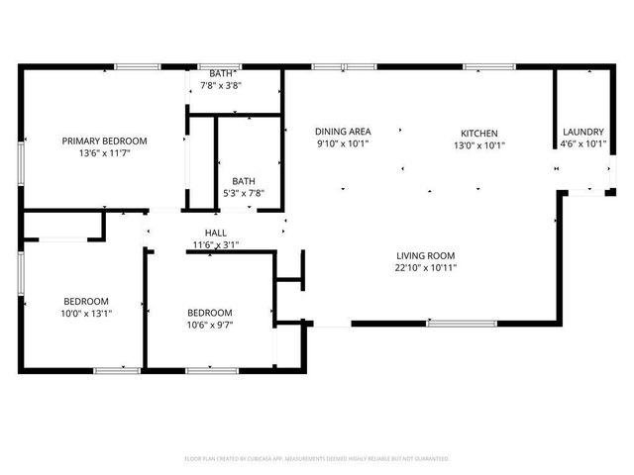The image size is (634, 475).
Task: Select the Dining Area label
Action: (343, 132)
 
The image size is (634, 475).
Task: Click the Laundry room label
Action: (583, 132)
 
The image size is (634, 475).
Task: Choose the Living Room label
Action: (427, 254)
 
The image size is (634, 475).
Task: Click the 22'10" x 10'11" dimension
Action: (427, 267)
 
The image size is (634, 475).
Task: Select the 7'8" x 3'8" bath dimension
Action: (222, 86)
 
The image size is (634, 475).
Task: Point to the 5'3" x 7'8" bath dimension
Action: (243, 194)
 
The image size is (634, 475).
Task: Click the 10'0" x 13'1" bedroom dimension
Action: (86, 314)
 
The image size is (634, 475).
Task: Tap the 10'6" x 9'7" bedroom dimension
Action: (210, 326)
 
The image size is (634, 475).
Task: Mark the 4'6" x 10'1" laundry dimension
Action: (583, 144)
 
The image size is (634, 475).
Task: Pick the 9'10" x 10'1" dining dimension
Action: (343, 144)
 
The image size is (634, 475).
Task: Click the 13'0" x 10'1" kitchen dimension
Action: (479, 145)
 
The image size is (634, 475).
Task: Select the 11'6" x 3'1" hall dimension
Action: (215, 244)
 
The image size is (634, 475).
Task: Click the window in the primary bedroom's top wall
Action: (138, 66)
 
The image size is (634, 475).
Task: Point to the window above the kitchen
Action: (482, 66)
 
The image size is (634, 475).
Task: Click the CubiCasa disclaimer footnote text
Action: (317, 459)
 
